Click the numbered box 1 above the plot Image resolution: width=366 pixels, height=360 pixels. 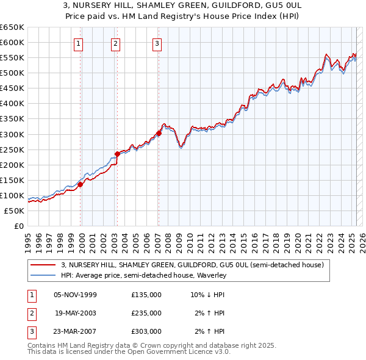80,43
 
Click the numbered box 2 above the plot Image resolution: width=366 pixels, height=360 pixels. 116,43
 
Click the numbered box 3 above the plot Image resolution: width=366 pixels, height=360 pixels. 157,43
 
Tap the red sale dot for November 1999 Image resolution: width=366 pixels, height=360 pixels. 80,184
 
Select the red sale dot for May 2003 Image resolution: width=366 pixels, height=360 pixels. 117,154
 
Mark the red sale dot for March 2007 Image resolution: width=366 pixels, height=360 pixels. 159,133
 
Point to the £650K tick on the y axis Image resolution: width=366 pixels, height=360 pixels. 12,27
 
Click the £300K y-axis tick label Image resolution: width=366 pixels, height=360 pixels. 12,134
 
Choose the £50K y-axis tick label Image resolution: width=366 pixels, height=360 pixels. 15,211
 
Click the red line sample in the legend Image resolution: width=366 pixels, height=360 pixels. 43,265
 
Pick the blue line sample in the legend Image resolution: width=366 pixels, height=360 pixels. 43,275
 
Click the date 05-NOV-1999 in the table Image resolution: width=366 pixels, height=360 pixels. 75,295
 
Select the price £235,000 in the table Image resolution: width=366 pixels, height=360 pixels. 146,313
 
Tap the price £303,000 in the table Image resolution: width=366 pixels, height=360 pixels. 146,331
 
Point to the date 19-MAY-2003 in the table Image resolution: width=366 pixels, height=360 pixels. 75,313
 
